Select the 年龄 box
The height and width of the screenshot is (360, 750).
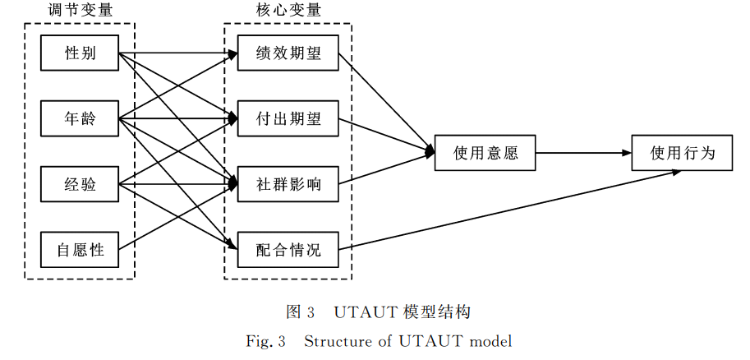click(80, 119)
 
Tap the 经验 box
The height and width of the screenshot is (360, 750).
click(80, 184)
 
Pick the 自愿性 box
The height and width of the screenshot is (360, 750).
click(80, 249)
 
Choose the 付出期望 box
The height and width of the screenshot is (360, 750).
click(288, 119)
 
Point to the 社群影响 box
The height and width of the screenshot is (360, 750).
click(288, 184)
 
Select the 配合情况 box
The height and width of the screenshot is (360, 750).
click(288, 249)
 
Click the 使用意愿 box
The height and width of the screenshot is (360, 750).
click(485, 152)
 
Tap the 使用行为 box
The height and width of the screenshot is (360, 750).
click(682, 152)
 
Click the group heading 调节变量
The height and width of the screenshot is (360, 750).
click(80, 11)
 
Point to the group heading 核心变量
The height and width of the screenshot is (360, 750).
click(288, 11)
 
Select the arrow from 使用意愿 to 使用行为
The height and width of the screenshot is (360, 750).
click(583, 152)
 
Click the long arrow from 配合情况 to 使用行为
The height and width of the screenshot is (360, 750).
click(509, 210)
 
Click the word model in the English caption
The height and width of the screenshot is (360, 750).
click(490, 340)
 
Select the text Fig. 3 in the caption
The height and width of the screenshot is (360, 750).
click(265, 340)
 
